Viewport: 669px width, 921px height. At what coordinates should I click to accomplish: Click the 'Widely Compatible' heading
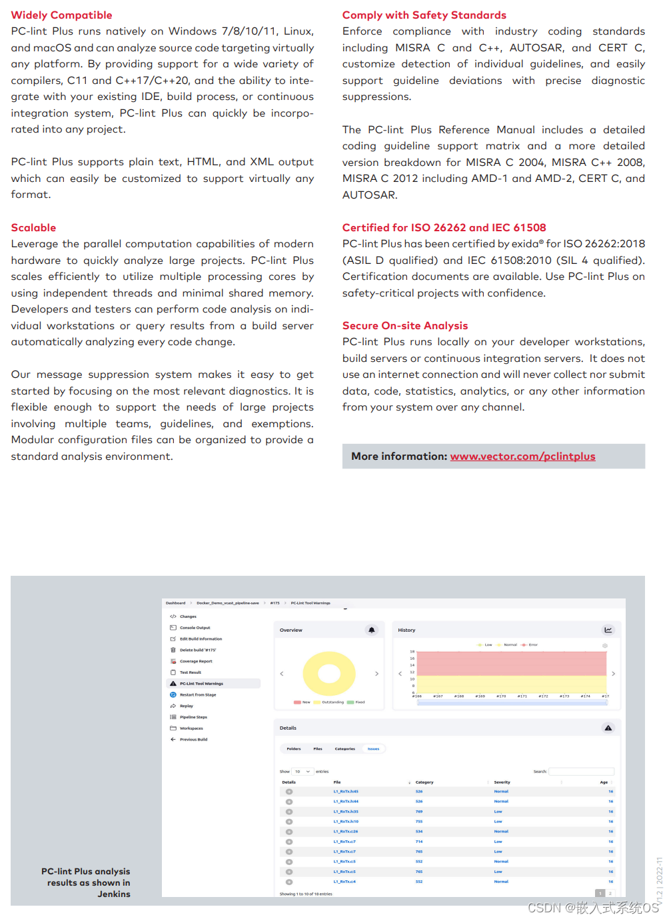pyautogui.click(x=61, y=15)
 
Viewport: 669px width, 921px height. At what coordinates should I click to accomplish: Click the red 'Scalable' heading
pyautogui.click(x=33, y=228)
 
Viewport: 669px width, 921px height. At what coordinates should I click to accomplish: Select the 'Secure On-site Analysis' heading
pyautogui.click(x=404, y=326)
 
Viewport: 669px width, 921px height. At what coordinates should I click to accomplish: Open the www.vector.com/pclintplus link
pyautogui.click(x=522, y=457)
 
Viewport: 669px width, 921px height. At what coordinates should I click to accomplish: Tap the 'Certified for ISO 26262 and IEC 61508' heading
pyautogui.click(x=444, y=228)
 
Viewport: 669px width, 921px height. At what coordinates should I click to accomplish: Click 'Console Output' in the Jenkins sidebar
pyautogui.click(x=195, y=628)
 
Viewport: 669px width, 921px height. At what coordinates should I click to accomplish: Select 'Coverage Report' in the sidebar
pyautogui.click(x=196, y=661)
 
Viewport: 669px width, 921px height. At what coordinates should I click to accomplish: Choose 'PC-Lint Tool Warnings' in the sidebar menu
pyautogui.click(x=201, y=684)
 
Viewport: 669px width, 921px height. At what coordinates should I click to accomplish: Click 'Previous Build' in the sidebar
pyautogui.click(x=193, y=740)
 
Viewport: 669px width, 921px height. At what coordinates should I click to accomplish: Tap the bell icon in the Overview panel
pyautogui.click(x=372, y=630)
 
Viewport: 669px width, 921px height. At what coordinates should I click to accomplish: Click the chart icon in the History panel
pyautogui.click(x=608, y=630)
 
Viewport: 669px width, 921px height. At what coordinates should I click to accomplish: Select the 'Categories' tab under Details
pyautogui.click(x=344, y=749)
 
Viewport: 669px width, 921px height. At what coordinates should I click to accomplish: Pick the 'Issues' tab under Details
pyautogui.click(x=373, y=749)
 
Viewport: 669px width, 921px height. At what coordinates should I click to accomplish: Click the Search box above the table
pyautogui.click(x=581, y=772)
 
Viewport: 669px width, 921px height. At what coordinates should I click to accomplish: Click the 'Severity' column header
pyautogui.click(x=502, y=782)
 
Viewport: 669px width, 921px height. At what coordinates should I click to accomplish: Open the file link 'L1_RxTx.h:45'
pyautogui.click(x=346, y=792)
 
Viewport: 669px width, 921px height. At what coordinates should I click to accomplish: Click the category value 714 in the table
pyautogui.click(x=419, y=842)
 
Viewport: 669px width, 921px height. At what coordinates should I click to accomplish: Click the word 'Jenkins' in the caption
pyautogui.click(x=114, y=894)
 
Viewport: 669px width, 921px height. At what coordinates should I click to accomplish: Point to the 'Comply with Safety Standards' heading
pyautogui.click(x=424, y=15)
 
